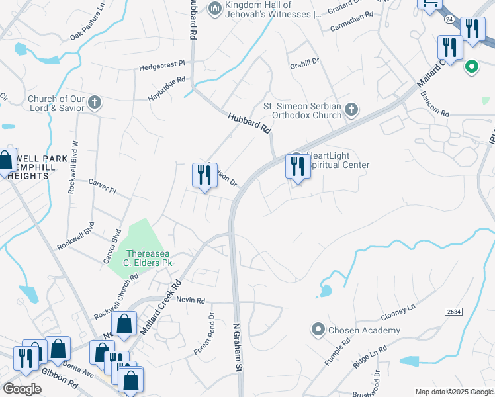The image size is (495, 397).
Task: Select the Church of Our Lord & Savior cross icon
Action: pos(95,103)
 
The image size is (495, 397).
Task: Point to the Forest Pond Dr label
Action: pos(204,335)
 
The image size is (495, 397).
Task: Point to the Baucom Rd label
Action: pos(434,105)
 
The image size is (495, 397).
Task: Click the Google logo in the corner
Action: pos(22,389)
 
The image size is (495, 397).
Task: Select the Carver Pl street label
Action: pos(103,185)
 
